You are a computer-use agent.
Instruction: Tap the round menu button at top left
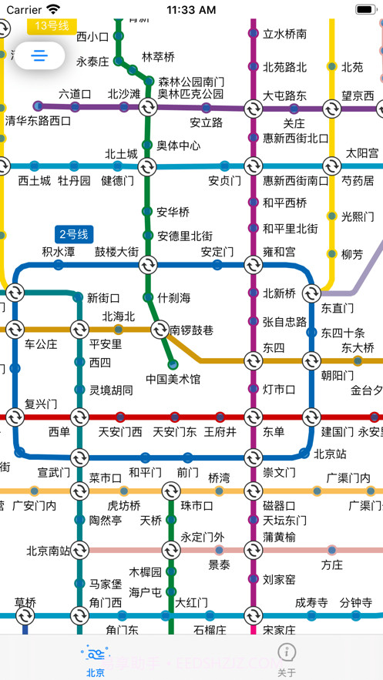coord(40,55)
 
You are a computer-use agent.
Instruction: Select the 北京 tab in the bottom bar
coord(96,660)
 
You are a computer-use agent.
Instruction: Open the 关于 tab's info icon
coord(286,652)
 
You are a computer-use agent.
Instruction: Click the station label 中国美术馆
coord(173,379)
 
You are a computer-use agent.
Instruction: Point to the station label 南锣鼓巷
coord(192,330)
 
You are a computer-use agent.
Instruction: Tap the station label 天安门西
coord(120,432)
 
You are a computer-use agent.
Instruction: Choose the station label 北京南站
coord(48,551)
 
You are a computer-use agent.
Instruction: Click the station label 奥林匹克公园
coord(190,94)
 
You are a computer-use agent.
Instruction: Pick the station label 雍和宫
coord(279,252)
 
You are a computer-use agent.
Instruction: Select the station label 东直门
coord(337,308)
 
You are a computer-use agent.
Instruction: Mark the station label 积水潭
coord(59,252)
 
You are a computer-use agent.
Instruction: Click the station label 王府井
coord(220,432)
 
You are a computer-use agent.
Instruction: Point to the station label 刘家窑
coord(279,579)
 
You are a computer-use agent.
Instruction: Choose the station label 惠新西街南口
coord(296,181)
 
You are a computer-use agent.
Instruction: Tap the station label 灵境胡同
coord(111,390)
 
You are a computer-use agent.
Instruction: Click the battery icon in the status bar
coord(364,10)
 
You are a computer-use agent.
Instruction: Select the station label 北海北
coord(119,317)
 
